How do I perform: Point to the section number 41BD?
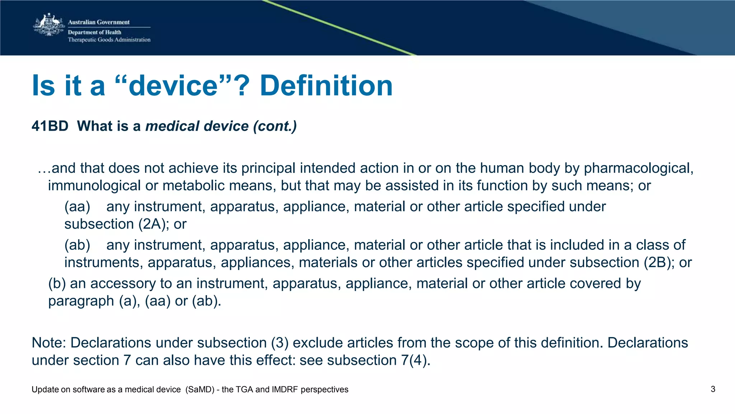click(50, 126)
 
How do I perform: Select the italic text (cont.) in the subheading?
click(275, 126)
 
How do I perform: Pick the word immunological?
click(94, 186)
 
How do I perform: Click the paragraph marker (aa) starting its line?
click(77, 206)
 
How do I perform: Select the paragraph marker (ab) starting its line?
click(77, 245)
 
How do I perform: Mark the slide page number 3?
click(713, 389)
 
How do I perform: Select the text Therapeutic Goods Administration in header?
click(109, 40)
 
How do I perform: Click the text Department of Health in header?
click(95, 32)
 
